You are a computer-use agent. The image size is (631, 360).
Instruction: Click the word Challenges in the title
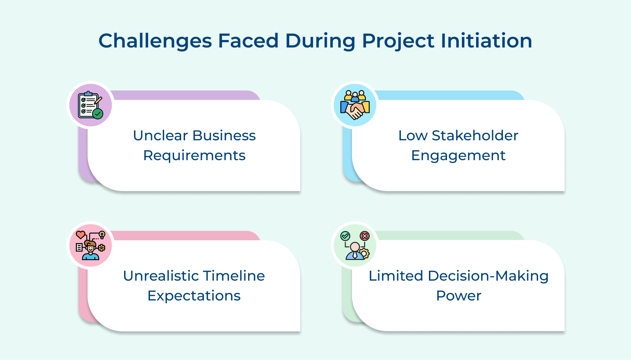click(155, 41)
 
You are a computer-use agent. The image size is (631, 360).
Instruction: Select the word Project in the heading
click(398, 41)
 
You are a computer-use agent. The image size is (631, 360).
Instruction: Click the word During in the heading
click(320, 41)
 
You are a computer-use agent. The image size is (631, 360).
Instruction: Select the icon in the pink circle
click(90, 246)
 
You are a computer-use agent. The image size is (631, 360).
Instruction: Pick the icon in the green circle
click(355, 246)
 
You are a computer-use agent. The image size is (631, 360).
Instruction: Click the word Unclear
click(160, 135)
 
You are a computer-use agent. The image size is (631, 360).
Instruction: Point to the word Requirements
click(194, 156)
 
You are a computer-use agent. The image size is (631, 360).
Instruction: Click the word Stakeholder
click(475, 135)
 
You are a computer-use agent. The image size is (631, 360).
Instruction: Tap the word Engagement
click(458, 156)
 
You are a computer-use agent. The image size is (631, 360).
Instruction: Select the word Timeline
click(234, 276)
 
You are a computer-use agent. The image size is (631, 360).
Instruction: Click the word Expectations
click(194, 296)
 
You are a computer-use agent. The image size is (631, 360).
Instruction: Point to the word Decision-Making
click(488, 276)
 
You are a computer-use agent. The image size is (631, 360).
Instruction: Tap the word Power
click(459, 296)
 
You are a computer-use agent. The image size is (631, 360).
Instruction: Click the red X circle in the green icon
click(364, 236)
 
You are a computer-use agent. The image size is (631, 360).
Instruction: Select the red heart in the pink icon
click(81, 235)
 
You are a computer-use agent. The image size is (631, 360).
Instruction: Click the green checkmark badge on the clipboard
click(98, 113)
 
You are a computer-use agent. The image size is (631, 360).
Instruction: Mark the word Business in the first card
click(224, 135)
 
